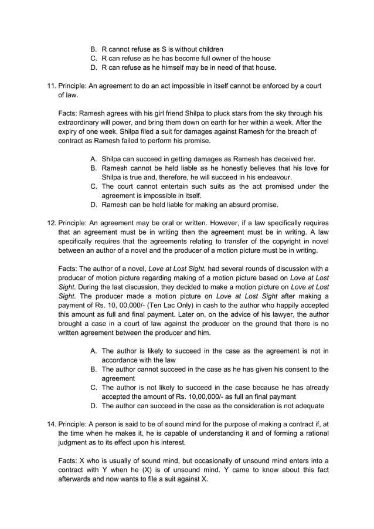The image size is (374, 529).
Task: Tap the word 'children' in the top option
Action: (208, 49)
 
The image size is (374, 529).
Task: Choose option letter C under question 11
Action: (94, 186)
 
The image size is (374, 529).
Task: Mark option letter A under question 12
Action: (94, 351)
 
